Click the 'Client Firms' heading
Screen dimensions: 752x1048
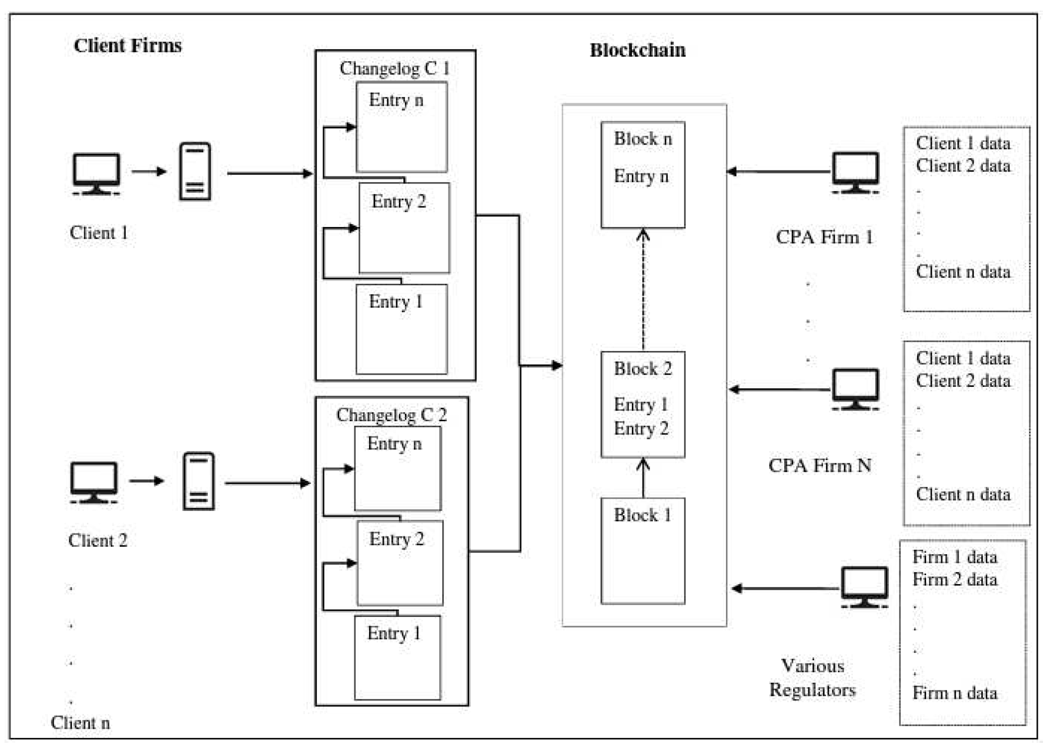127,46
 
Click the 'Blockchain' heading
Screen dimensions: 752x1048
637,50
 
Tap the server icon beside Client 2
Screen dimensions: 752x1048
198,481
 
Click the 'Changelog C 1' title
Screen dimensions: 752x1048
394,68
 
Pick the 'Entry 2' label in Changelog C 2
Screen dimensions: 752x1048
396,539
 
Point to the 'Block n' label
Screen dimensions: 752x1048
643,139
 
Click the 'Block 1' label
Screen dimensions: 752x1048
643,515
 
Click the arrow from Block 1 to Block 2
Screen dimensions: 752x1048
643,478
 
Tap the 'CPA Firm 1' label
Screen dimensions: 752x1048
824,237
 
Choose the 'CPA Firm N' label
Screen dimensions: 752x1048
819,465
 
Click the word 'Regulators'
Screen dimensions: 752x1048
812,690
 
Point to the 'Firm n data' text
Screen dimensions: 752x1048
954,693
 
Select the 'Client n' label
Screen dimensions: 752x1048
80,723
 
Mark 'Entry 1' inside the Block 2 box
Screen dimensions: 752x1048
641,405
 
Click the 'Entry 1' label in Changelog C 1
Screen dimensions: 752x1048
395,302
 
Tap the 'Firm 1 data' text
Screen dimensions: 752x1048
954,557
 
